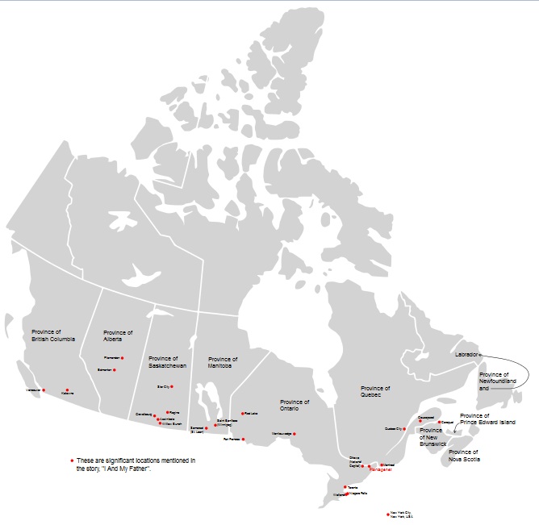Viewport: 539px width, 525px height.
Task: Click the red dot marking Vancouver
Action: (x=44, y=390)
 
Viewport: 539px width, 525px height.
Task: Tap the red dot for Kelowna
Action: (x=68, y=390)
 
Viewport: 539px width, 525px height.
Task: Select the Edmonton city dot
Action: (x=115, y=370)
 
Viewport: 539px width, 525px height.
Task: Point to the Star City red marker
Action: (x=172, y=386)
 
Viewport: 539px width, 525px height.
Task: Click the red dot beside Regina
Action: (x=167, y=412)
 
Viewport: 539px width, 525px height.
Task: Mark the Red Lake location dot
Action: (x=242, y=414)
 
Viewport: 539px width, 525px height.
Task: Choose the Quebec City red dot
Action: (x=404, y=429)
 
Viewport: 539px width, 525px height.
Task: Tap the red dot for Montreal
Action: (x=381, y=465)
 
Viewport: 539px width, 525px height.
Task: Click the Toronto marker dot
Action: (x=345, y=487)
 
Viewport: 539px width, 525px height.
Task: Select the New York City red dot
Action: (x=388, y=514)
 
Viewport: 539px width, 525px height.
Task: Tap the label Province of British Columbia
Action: (x=53, y=335)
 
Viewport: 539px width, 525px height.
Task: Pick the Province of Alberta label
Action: (x=118, y=335)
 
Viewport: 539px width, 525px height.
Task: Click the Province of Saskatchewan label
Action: (x=168, y=362)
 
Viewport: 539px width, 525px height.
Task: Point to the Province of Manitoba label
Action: (x=223, y=362)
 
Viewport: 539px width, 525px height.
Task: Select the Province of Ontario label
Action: (x=295, y=405)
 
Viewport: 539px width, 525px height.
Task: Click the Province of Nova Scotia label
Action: (x=464, y=456)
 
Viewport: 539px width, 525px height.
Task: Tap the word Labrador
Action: (x=466, y=354)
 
